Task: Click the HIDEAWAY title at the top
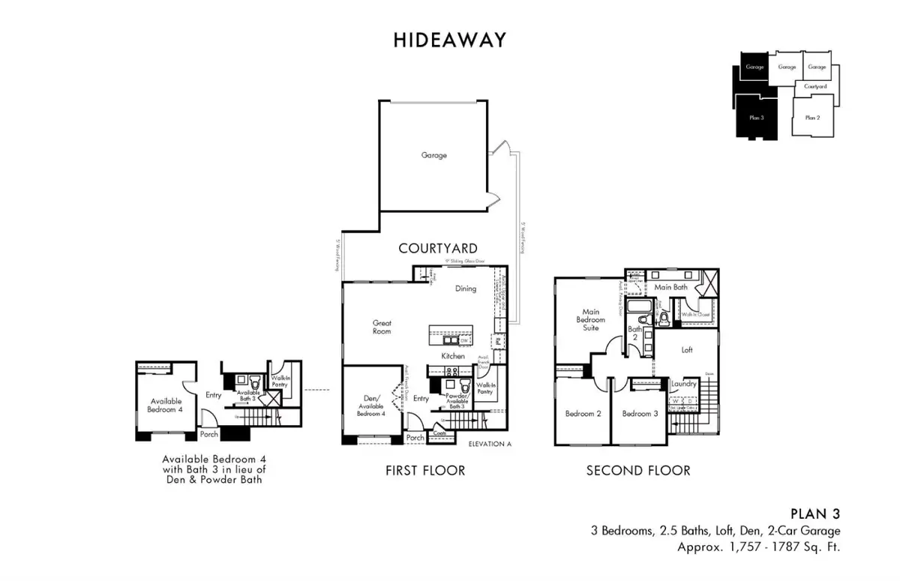coord(449,40)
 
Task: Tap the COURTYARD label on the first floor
coord(438,248)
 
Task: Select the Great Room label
coord(382,328)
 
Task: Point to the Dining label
coord(465,289)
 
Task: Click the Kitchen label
coord(452,356)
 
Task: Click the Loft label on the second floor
coord(687,350)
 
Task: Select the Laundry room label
coord(684,384)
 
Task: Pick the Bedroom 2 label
coord(583,414)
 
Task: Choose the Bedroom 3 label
coord(640,414)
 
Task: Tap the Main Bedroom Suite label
coord(591,319)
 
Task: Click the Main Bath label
coord(670,286)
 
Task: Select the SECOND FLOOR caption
coord(638,471)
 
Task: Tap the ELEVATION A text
coord(489,444)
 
